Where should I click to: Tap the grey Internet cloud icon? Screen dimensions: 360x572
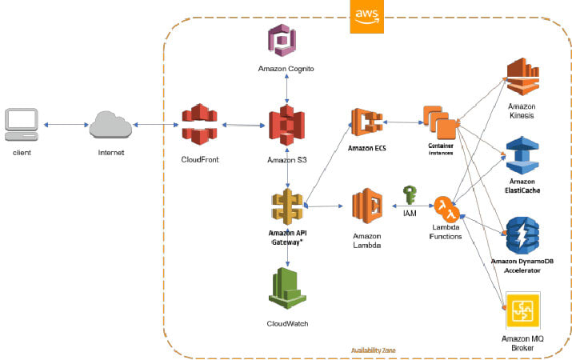coord(111,125)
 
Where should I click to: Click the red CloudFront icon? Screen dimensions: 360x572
coord(199,126)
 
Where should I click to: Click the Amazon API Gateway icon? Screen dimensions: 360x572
coord(286,208)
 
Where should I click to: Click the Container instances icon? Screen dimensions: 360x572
coord(442,122)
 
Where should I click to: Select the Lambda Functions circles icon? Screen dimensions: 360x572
coord(446,210)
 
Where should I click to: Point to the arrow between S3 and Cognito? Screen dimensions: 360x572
coord(286,90)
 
